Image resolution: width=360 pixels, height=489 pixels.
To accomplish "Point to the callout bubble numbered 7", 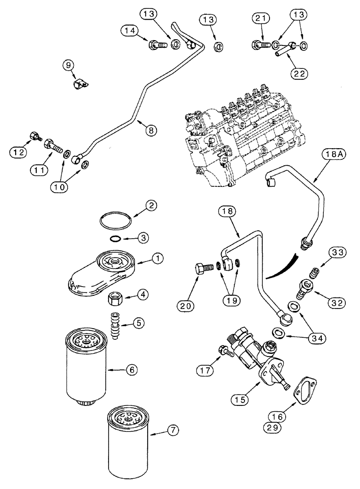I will pos(172,430).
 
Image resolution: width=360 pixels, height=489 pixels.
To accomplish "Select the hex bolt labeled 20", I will pos(202,269).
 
